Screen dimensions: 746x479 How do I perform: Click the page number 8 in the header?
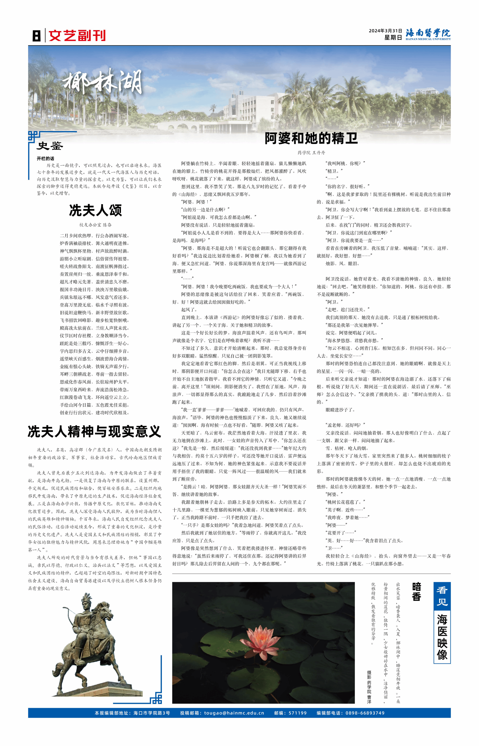36,36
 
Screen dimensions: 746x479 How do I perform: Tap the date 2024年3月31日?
385,31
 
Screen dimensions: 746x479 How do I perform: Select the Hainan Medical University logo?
428,34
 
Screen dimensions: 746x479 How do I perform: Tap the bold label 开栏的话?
45,158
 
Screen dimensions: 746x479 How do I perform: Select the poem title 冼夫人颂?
95,211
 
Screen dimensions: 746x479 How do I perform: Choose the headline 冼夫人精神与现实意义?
94,432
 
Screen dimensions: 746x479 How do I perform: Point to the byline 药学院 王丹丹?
311,153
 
